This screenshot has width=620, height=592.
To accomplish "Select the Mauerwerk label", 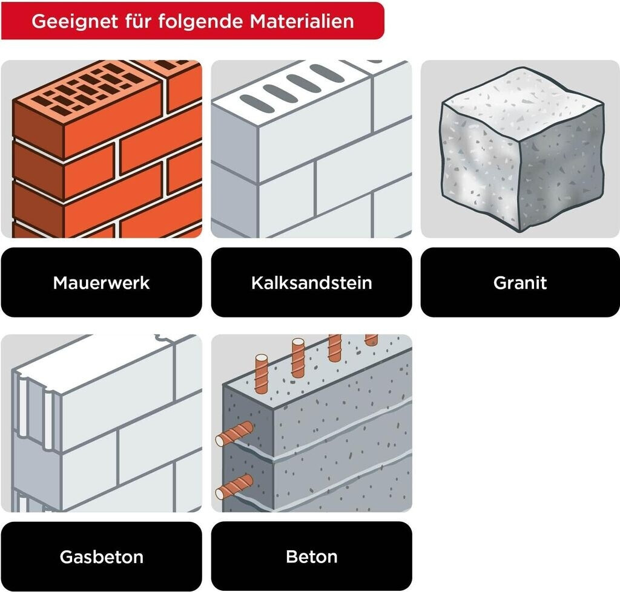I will tap(101, 282).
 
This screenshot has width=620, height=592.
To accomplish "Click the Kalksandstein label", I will tap(311, 282).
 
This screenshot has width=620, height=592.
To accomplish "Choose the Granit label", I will tap(520, 282).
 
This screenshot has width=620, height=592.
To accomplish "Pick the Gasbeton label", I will tap(101, 556).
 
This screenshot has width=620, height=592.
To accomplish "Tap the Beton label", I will tap(311, 556).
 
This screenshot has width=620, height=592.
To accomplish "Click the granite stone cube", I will tap(521, 151).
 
